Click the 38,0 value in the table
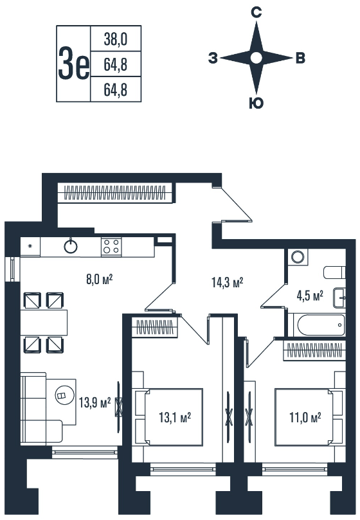coord(116,39)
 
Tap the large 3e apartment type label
coord(74,64)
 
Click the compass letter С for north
coord(256,13)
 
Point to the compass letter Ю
coord(256,103)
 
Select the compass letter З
coord(213,58)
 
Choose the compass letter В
coord(300,58)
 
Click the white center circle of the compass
coord(256,58)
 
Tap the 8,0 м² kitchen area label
coord(100,279)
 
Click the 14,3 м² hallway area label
coord(228,283)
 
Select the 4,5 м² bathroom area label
coord(310,295)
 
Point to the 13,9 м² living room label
coord(94,403)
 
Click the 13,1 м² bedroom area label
coord(175,417)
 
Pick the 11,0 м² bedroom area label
coord(305,417)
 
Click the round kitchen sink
coord(71,246)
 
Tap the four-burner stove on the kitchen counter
coord(111,246)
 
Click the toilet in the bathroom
coord(334,273)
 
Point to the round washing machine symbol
coord(298,257)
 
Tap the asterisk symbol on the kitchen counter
coord(30,246)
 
